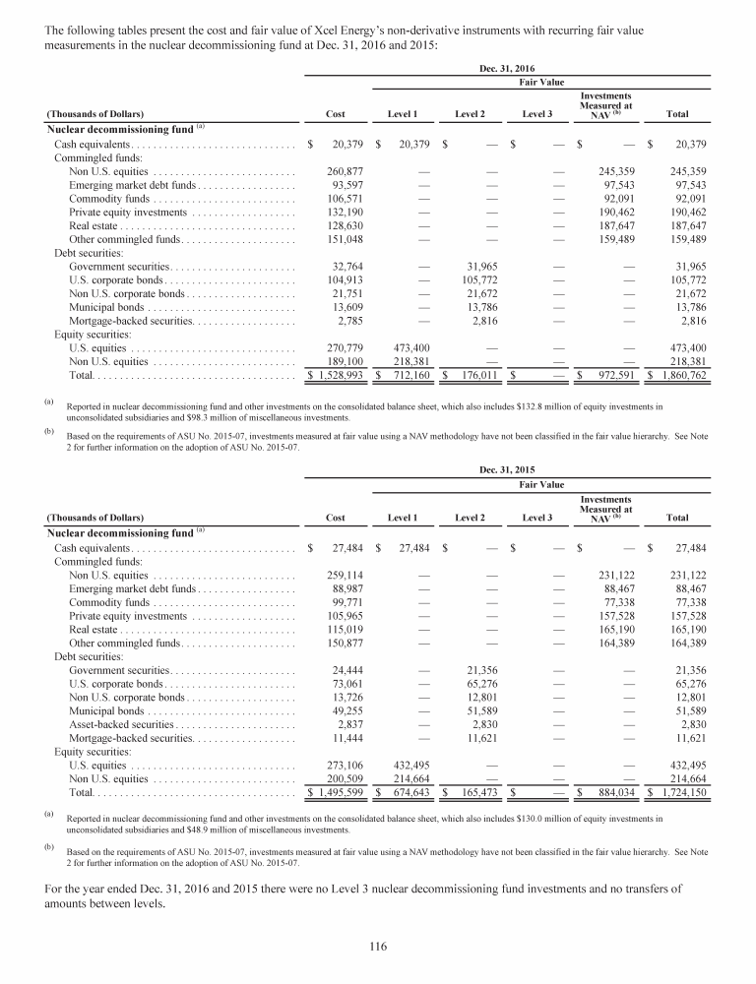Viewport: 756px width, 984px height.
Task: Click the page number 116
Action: tap(377, 947)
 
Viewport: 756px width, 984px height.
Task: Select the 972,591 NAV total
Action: tap(611, 376)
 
